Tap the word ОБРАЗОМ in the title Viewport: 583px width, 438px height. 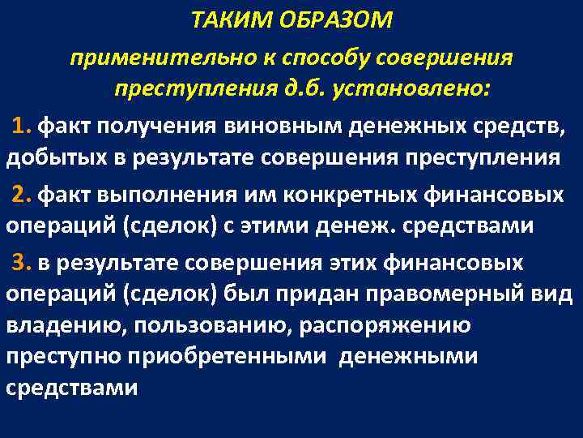(x=333, y=19)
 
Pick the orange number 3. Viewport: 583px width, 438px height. (x=23, y=264)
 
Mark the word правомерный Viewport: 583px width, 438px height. (x=453, y=294)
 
